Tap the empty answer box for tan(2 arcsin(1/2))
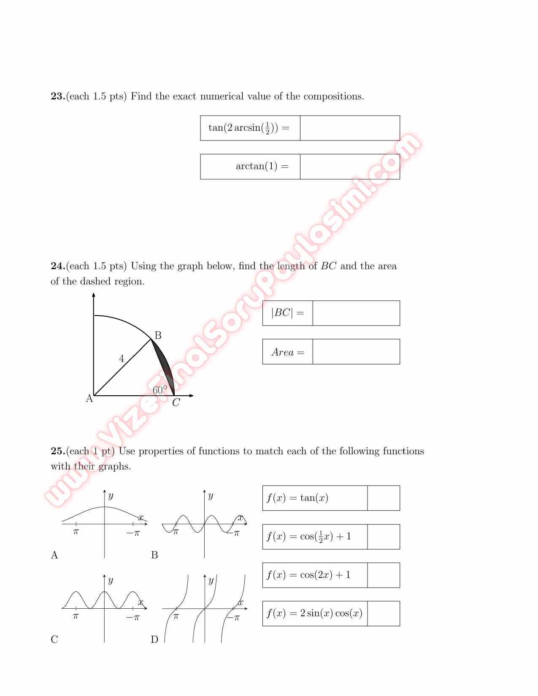pos(350,128)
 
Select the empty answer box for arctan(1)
pos(350,167)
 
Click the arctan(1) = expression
pos(262,167)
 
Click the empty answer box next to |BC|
pos(356,313)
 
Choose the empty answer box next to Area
pos(356,352)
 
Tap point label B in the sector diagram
pos(158,336)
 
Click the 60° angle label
pos(160,390)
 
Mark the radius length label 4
pos(122,359)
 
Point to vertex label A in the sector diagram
pos(89,399)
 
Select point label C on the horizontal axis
pos(176,403)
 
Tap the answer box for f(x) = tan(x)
pos(383,498)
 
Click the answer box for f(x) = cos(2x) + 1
pos(383,575)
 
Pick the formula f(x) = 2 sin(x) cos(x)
pos(314,614)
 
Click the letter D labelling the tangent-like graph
pos(154,640)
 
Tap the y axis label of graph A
pos(111,496)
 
